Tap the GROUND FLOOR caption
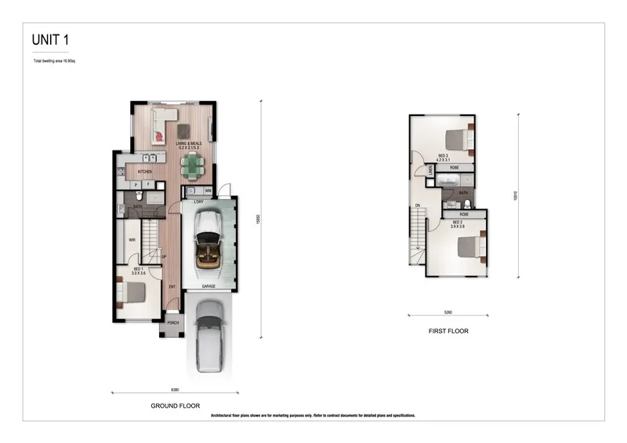175,405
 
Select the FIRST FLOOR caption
448,331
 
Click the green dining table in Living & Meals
192,165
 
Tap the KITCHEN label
145,172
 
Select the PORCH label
173,322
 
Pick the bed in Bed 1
132,292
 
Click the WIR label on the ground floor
132,240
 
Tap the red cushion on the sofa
159,136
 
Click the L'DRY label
199,202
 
